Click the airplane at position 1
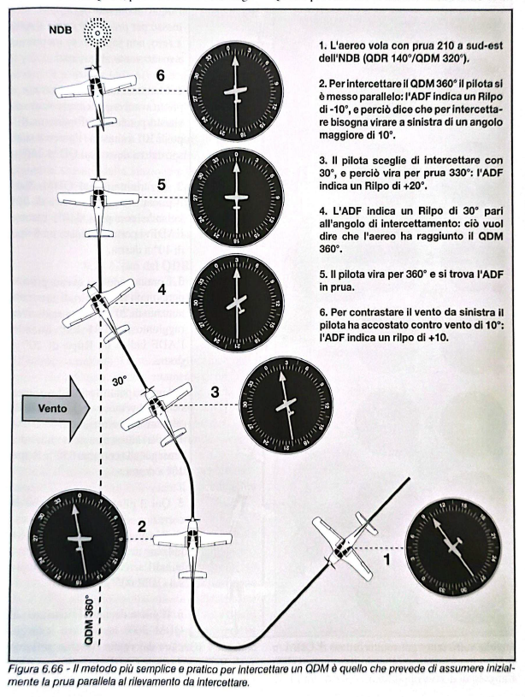(345, 543)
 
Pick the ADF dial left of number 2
(75, 541)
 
